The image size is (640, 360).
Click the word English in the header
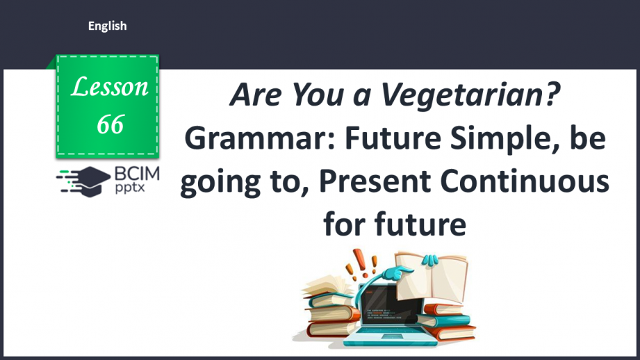coord(107,26)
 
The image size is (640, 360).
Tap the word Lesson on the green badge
coord(109,87)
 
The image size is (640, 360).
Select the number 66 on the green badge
coord(110,124)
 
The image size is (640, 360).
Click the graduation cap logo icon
coord(83,181)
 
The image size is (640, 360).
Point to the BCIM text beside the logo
coord(137,174)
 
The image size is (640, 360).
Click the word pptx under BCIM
coord(129,188)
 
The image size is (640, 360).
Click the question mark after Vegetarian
coord(552,94)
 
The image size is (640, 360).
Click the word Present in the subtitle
coord(375,181)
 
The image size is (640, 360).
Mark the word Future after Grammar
coord(393,138)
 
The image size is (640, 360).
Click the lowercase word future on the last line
coord(420,224)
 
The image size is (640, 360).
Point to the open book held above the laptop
coord(431,277)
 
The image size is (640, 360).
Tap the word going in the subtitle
coord(220,183)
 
